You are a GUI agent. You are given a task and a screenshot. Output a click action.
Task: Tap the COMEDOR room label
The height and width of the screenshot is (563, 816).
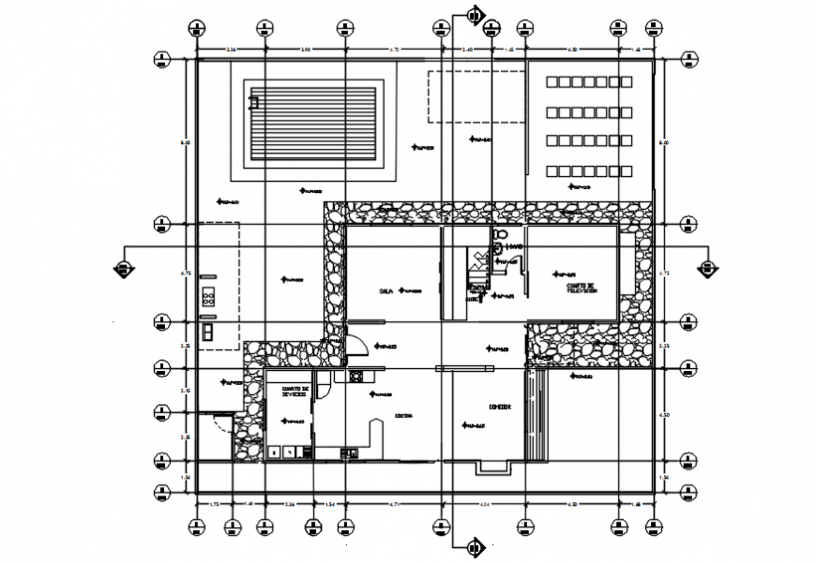500,407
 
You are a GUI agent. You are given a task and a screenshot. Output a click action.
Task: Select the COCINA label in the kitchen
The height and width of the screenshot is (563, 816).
403,416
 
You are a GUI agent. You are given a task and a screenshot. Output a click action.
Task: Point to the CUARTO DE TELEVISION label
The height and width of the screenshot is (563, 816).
581,289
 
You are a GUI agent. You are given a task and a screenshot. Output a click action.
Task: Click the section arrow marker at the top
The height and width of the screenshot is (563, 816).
475,14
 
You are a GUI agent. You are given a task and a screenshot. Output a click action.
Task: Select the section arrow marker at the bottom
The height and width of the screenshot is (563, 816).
475,546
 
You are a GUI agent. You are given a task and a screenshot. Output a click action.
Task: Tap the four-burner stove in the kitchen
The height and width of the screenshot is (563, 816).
356,377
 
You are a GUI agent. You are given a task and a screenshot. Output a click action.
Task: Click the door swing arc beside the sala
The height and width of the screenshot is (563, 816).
357,345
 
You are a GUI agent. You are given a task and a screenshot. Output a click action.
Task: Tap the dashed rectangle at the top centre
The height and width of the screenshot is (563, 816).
476,96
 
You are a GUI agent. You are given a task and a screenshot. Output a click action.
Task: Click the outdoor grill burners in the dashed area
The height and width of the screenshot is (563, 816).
208,300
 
